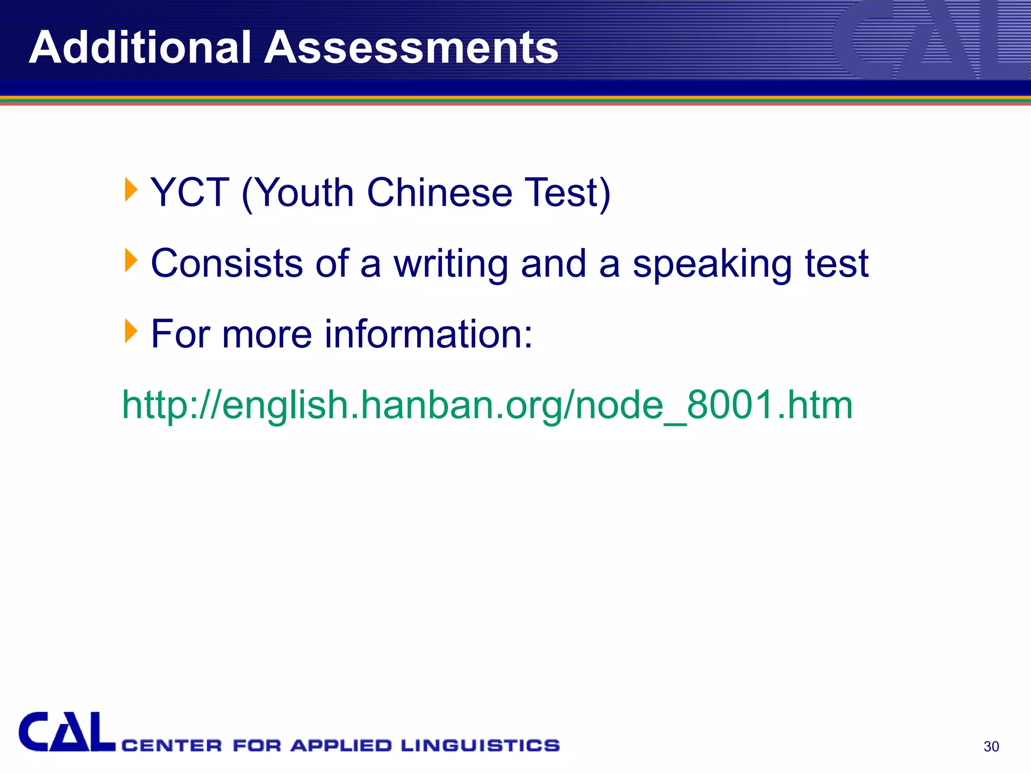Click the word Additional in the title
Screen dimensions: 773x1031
tap(140, 47)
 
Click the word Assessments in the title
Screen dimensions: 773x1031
tap(411, 47)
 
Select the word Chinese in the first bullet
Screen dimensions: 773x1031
tap(439, 193)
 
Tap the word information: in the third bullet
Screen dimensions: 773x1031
tap(428, 334)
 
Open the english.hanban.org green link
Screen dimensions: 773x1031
tap(487, 405)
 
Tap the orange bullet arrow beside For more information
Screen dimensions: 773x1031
tap(130, 331)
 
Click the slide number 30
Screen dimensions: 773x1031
tap(991, 746)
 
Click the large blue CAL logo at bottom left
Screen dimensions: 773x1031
tap(66, 732)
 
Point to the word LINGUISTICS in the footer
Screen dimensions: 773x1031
tap(480, 745)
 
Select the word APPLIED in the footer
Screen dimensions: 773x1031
tap(341, 745)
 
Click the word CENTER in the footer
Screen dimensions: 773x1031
tap(172, 745)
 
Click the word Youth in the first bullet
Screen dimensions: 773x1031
tap(306, 193)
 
